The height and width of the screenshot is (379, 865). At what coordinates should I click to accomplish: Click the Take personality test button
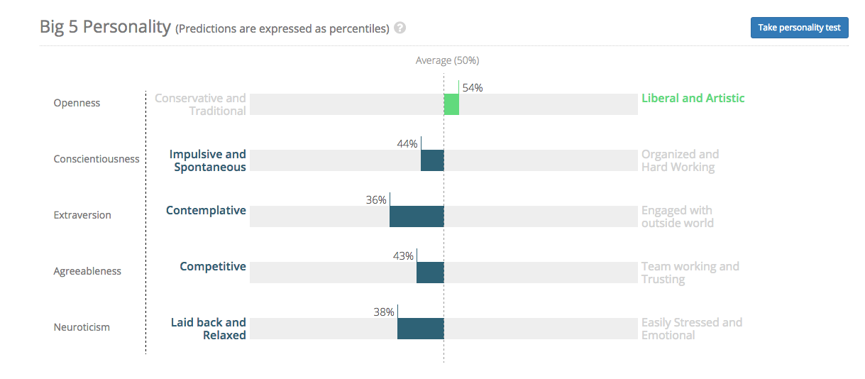[x=799, y=28]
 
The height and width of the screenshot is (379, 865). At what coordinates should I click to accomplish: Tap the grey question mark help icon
[x=400, y=28]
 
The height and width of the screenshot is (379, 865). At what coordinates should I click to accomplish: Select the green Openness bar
[x=451, y=104]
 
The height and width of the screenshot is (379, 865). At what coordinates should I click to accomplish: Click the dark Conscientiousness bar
[x=432, y=160]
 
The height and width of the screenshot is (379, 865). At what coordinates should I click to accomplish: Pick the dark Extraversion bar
[x=417, y=216]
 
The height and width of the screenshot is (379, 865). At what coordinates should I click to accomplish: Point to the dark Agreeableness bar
[x=430, y=273]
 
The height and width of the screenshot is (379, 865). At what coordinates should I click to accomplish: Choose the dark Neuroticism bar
[x=421, y=329]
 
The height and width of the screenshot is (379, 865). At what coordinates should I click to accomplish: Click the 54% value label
[x=473, y=88]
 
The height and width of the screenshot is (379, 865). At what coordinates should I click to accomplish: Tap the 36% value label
[x=376, y=200]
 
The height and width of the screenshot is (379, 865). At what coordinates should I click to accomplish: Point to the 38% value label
[x=384, y=312]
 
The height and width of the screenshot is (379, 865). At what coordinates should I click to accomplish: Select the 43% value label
[x=403, y=256]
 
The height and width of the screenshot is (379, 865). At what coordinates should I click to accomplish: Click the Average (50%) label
[x=447, y=61]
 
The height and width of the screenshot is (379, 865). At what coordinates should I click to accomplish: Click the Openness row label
[x=77, y=103]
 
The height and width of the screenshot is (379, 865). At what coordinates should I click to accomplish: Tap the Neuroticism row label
[x=82, y=327]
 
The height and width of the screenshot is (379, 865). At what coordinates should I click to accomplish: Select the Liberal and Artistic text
[x=693, y=99]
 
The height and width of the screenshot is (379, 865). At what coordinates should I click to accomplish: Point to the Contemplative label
[x=206, y=210]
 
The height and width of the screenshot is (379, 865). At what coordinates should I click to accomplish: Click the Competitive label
[x=213, y=266]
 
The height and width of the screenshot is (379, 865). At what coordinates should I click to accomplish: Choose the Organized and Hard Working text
[x=680, y=160]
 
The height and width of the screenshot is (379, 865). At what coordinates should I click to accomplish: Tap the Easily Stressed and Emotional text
[x=692, y=329]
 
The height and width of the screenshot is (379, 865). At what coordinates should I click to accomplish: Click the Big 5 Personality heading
[x=106, y=28]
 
